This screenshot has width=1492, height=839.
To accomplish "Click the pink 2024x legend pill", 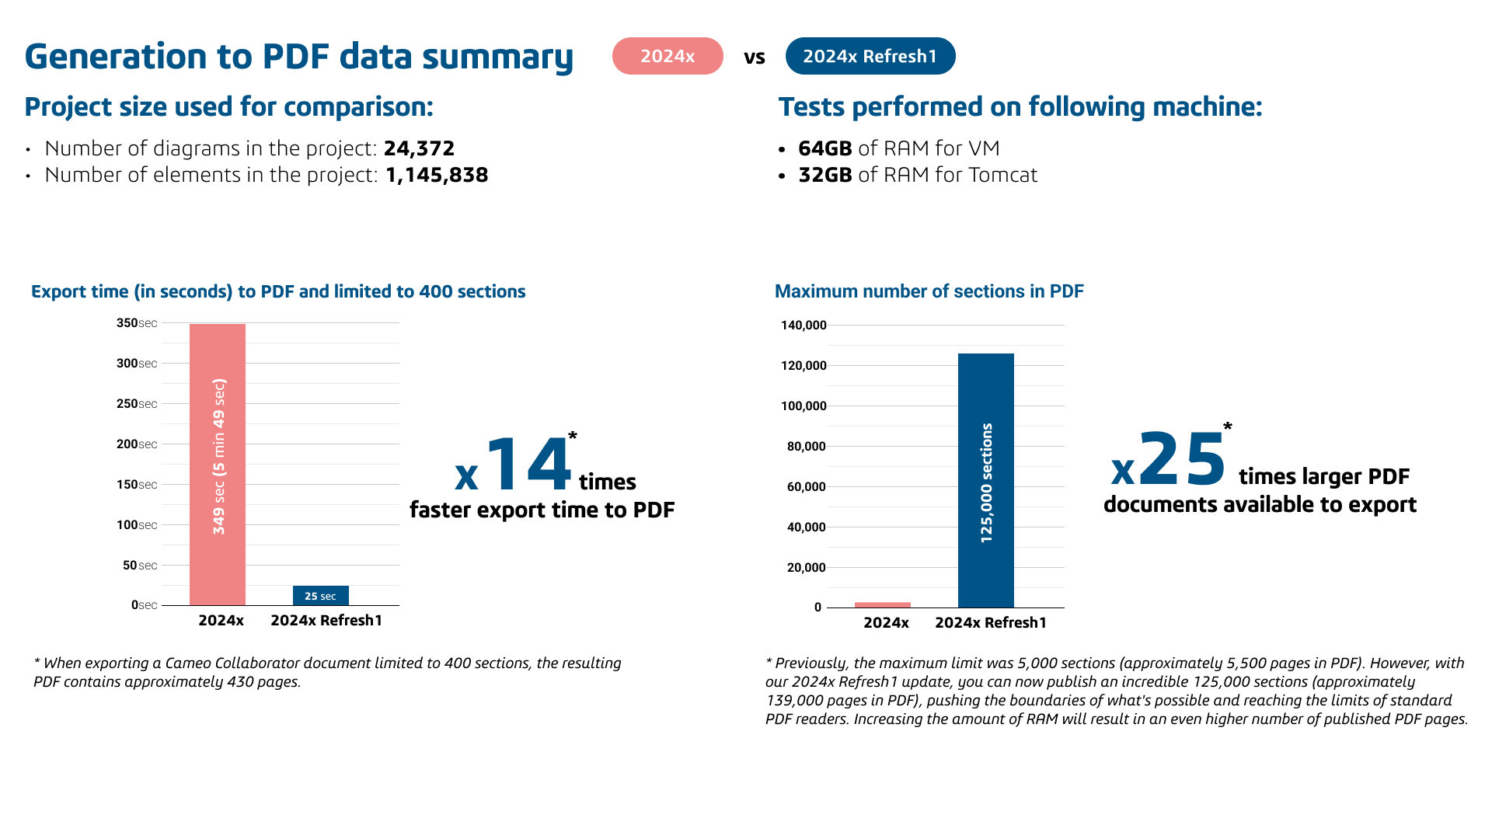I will (x=668, y=56).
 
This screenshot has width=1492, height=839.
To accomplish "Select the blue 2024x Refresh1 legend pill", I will (x=870, y=56).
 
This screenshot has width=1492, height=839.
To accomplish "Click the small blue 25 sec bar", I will (x=320, y=595).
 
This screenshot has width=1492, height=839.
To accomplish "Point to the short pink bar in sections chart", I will (x=882, y=604).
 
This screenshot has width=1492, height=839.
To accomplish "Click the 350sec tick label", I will (x=137, y=323).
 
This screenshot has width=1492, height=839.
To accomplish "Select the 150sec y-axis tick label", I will (x=137, y=485).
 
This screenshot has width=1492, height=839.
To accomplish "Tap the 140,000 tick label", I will (x=804, y=326).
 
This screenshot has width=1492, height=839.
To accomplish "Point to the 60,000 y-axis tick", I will (x=806, y=487).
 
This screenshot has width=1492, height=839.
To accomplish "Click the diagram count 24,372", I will (x=419, y=148).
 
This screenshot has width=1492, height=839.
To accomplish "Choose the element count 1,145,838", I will (x=437, y=175).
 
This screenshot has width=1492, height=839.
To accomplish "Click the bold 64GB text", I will (x=825, y=148).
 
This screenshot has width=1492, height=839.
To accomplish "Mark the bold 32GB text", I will (x=825, y=175).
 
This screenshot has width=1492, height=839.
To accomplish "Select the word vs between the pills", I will (x=755, y=57).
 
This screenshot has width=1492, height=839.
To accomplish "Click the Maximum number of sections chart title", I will (x=929, y=291).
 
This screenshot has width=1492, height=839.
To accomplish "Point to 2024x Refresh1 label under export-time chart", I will (x=326, y=620).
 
